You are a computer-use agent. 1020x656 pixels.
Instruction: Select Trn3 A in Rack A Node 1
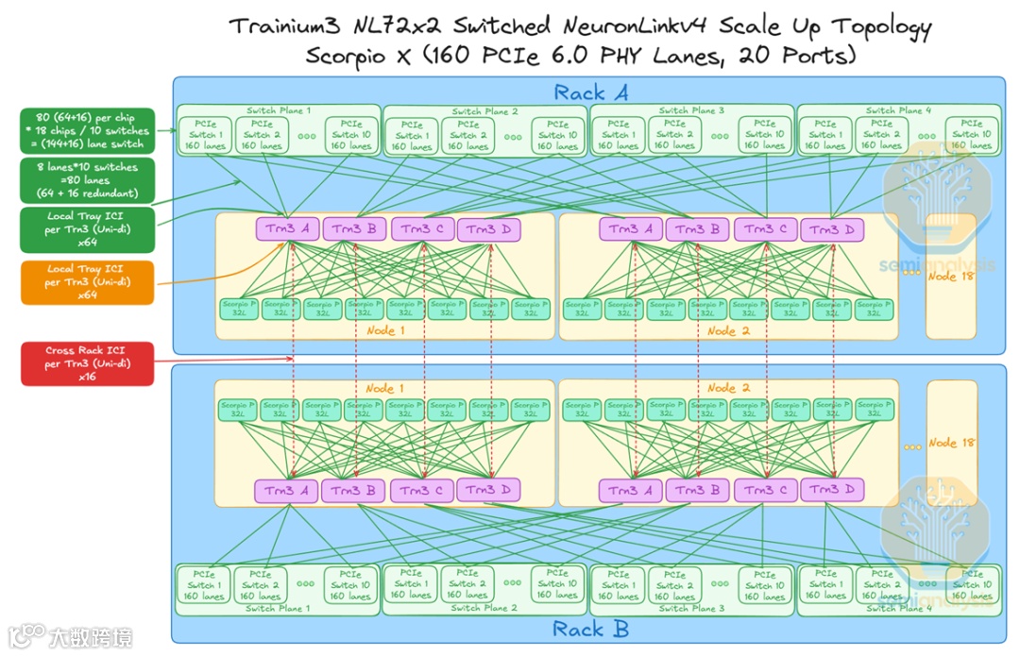pyautogui.click(x=287, y=228)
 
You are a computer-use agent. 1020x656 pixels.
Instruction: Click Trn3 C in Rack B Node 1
pyautogui.click(x=421, y=490)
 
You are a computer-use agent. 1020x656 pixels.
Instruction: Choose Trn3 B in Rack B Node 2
pyautogui.click(x=697, y=490)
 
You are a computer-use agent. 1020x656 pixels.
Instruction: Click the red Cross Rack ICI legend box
pyautogui.click(x=87, y=364)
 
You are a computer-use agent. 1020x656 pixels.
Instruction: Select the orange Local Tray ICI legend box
pyautogui.click(x=87, y=282)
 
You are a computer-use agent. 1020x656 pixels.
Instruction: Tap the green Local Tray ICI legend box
pyautogui.click(x=87, y=229)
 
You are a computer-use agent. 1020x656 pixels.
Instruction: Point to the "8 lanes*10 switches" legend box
pyautogui.click(x=87, y=180)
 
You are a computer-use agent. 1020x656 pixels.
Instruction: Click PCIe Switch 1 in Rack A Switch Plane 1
pyautogui.click(x=204, y=135)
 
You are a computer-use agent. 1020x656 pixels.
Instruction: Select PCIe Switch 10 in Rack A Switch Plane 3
pyautogui.click(x=763, y=135)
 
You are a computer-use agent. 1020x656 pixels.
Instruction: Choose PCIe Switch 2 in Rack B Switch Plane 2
pyautogui.click(x=466, y=584)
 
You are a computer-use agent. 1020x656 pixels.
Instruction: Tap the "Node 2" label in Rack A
pyautogui.click(x=722, y=330)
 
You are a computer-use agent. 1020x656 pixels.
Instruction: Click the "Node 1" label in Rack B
pyautogui.click(x=380, y=388)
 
